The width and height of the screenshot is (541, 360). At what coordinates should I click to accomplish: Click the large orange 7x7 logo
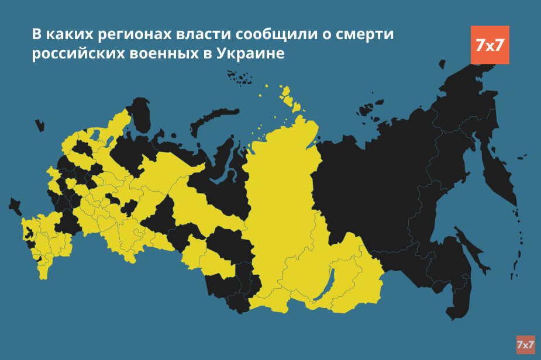click(x=490, y=45)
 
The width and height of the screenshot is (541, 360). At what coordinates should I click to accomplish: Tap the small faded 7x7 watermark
click(x=525, y=345)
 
